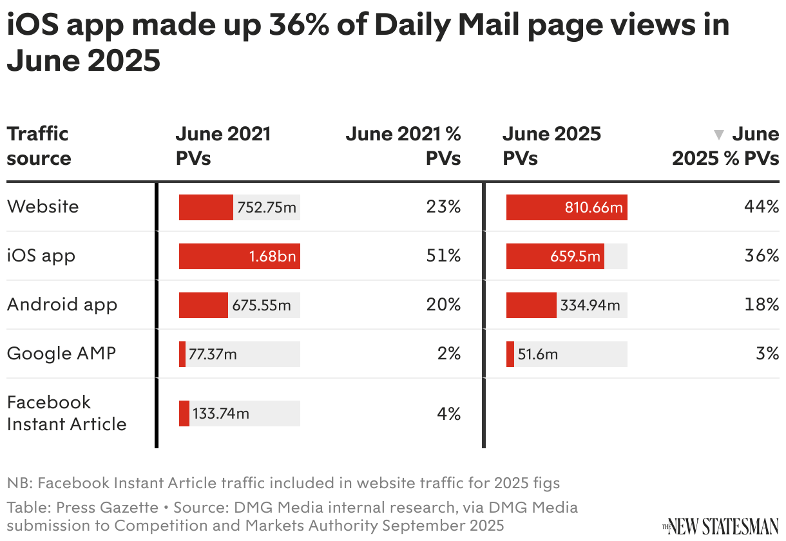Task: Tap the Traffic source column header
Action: tap(38, 146)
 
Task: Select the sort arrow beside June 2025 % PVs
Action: tap(719, 135)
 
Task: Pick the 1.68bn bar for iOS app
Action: tap(239, 256)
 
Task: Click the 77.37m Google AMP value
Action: tap(213, 354)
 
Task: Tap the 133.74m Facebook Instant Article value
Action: tap(221, 413)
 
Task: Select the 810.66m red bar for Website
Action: tap(566, 207)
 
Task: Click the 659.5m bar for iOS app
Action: tap(555, 256)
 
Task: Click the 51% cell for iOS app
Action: tap(443, 256)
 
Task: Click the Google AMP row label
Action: tap(61, 354)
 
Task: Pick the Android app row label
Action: tap(62, 305)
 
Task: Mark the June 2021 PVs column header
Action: tap(223, 146)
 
